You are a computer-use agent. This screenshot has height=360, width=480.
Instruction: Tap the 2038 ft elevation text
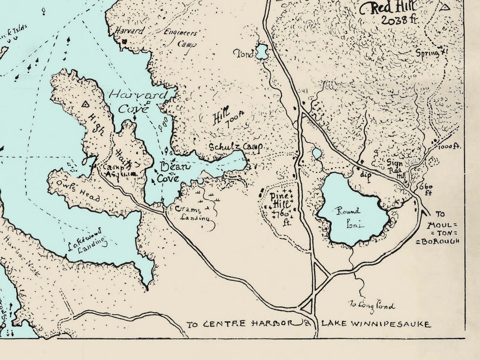(x=397, y=19)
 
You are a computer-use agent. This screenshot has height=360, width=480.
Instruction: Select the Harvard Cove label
(x=136, y=101)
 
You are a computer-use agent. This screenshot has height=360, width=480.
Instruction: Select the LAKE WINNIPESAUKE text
(x=376, y=324)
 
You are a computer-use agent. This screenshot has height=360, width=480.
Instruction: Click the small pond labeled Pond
(x=262, y=52)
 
